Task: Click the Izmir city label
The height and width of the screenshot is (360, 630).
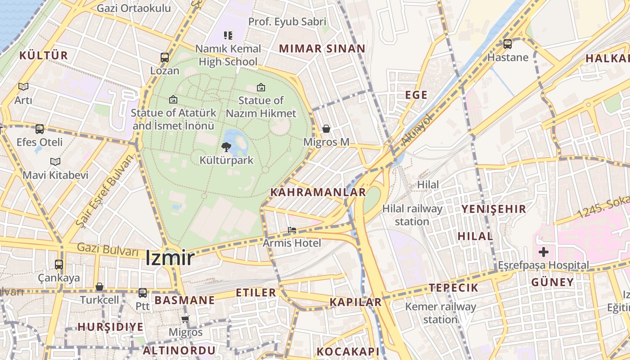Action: click(x=170, y=258)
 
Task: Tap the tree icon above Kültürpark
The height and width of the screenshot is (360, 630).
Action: click(x=226, y=147)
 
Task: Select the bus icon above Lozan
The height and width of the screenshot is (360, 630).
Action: click(x=165, y=58)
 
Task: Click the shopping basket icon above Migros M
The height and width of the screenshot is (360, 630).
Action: click(x=326, y=129)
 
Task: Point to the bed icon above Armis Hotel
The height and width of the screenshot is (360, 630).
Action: click(x=292, y=230)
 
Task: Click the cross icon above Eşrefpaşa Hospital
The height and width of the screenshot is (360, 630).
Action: click(x=544, y=252)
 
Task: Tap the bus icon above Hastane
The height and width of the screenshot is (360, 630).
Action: click(x=508, y=44)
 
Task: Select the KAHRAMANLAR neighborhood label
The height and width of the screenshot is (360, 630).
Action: click(x=318, y=192)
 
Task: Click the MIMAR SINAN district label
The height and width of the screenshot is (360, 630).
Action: click(x=322, y=49)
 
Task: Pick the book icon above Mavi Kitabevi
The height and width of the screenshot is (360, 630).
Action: click(x=55, y=162)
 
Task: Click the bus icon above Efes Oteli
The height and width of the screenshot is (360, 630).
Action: click(x=40, y=129)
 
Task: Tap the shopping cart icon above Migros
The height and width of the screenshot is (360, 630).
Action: click(x=185, y=319)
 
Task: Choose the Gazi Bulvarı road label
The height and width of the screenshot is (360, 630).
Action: click(x=108, y=249)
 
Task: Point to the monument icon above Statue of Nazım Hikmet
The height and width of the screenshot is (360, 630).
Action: click(x=261, y=87)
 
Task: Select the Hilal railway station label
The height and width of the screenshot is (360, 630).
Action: click(x=412, y=215)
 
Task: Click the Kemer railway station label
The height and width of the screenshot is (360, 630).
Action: click(x=441, y=313)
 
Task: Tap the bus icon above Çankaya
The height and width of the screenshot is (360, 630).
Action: click(x=59, y=265)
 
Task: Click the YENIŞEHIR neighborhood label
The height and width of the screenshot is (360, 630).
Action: click(x=494, y=209)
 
